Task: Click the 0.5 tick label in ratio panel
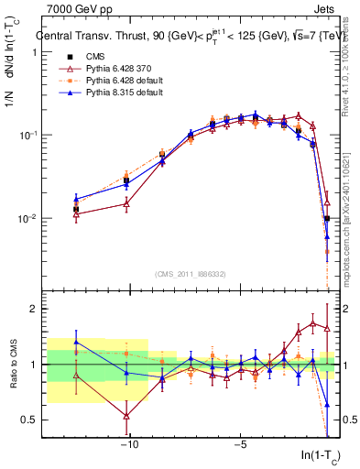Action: [x=28, y=420]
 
